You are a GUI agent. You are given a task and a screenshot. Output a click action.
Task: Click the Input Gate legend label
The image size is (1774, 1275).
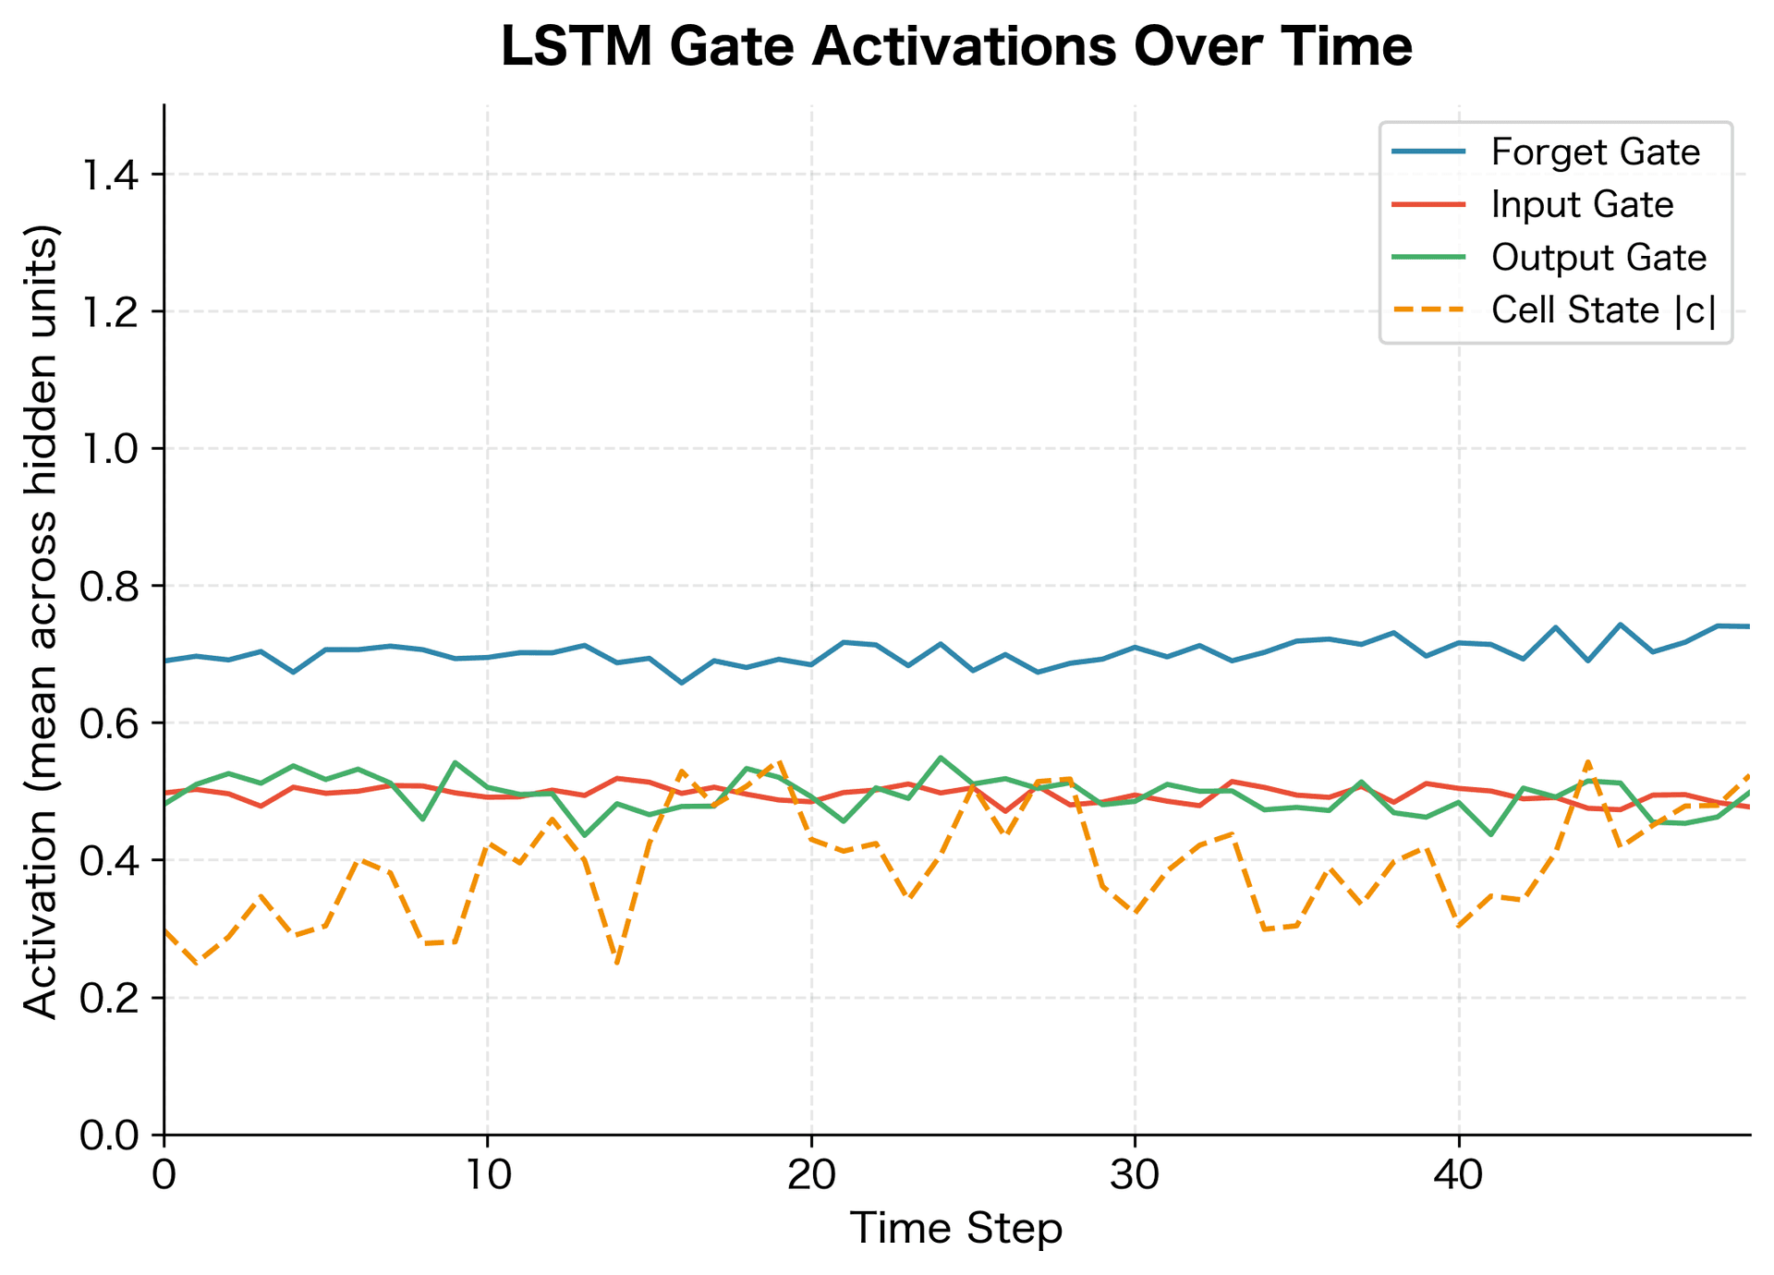pos(1582,205)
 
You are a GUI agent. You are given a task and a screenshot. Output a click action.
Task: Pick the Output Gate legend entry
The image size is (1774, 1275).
pos(1598,258)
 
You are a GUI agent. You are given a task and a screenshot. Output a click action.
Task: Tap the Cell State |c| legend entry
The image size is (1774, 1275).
pos(1603,310)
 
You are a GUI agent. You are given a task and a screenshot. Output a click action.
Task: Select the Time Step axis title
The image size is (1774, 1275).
pos(956,1230)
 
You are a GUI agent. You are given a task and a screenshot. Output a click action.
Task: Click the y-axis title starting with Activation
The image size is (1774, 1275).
pos(41,620)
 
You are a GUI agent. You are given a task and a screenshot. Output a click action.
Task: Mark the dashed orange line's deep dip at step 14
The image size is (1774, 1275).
pos(616,964)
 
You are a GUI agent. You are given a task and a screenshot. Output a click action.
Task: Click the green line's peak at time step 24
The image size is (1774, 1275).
pos(941,758)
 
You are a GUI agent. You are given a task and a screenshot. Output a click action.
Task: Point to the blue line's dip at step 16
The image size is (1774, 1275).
pos(682,683)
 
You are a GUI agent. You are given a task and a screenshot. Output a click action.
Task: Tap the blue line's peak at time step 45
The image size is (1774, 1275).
pos(1620,625)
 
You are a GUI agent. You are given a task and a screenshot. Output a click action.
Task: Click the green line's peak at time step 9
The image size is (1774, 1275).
pos(456,762)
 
